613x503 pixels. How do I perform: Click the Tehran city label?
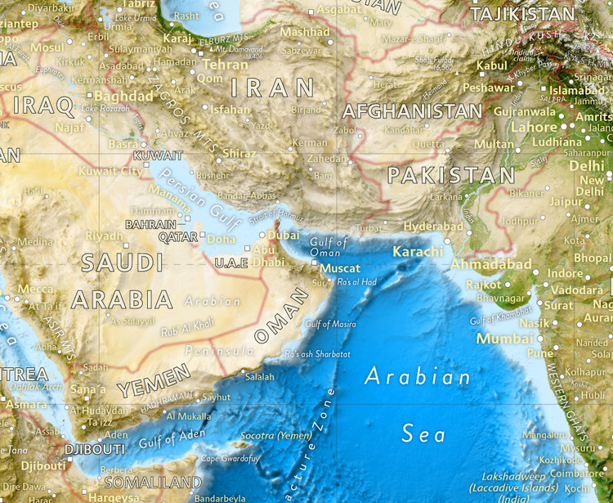(225, 64)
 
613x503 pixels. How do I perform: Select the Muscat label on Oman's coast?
(340, 267)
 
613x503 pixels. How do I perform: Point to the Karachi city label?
(418, 251)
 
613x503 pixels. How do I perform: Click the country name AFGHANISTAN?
(412, 111)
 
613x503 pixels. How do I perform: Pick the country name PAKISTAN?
(451, 175)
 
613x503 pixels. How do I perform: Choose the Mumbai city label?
(499, 338)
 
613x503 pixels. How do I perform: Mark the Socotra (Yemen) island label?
(276, 435)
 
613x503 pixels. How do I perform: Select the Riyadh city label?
(104, 236)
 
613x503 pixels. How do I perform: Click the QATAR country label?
(178, 236)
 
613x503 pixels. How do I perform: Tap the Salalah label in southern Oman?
(260, 376)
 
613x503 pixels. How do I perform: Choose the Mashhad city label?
(304, 33)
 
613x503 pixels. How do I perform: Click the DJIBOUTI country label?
(94, 449)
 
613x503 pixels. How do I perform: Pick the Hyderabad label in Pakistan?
(433, 227)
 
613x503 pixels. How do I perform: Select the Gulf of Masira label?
(330, 325)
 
